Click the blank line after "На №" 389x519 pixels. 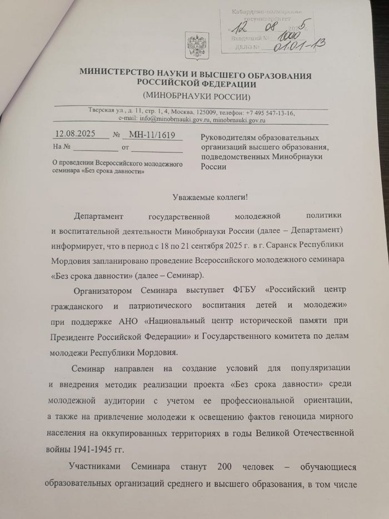pos(94,149)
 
